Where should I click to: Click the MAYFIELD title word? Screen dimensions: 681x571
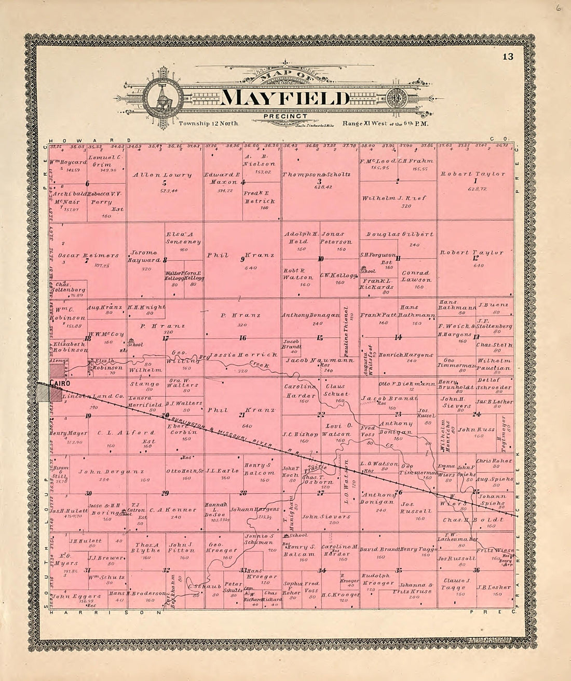(x=285, y=98)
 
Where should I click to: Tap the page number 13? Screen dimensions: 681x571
(x=507, y=57)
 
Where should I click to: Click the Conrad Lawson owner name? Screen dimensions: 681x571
(x=416, y=276)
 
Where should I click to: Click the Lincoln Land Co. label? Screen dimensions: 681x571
(x=92, y=396)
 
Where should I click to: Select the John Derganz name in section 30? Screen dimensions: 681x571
(x=111, y=472)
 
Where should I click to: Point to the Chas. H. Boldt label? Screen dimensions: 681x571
(x=473, y=519)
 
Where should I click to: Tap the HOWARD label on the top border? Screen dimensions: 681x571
(x=81, y=140)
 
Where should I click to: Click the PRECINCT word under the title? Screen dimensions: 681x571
(x=285, y=116)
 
